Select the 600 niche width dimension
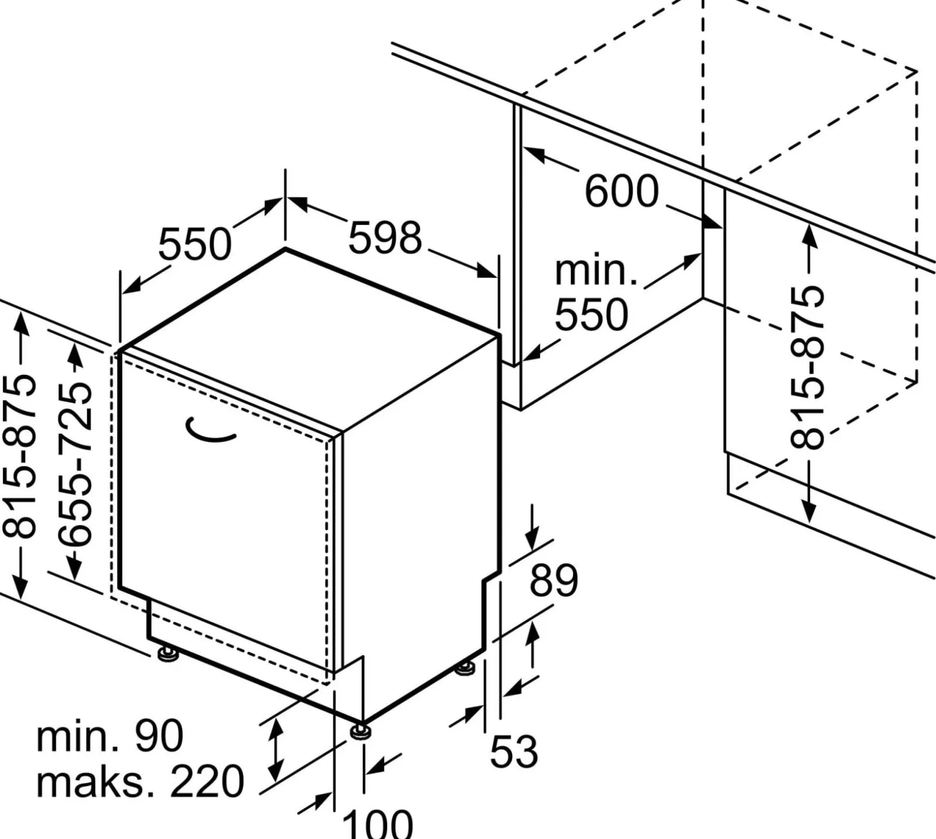tap(622, 191)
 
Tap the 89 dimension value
tap(553, 580)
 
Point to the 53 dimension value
tap(514, 751)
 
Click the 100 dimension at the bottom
tap(377, 823)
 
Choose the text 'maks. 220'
tap(140, 781)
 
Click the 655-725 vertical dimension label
tap(76, 463)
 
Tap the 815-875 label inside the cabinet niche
tap(807, 367)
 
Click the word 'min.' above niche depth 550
tap(595, 271)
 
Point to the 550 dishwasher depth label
tap(194, 244)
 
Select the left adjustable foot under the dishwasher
tap(167, 654)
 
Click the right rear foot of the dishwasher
tap(464, 669)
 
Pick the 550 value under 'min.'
tap(591, 314)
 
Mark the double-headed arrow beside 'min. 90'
tap(276, 750)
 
